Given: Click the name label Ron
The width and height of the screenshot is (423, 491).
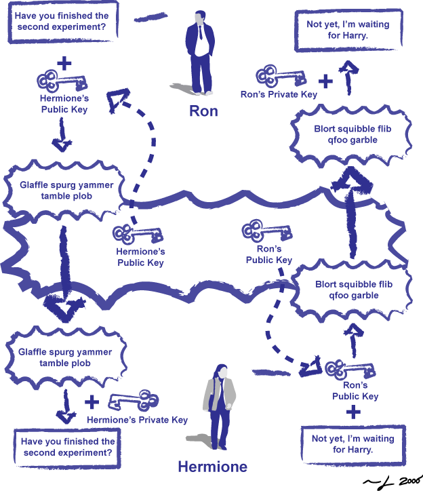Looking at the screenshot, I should click(x=203, y=110).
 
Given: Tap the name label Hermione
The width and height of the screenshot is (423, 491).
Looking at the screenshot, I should click(x=212, y=467).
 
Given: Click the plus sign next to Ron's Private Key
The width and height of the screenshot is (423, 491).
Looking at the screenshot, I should click(x=326, y=81).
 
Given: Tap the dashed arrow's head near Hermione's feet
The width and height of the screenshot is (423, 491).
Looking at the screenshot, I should click(x=312, y=367).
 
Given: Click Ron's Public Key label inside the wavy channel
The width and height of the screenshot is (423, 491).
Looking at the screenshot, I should click(x=269, y=255).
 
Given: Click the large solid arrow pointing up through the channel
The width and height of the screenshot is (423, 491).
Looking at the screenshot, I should click(x=351, y=203).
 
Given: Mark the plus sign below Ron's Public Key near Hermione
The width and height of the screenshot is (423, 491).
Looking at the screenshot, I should click(x=353, y=412).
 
